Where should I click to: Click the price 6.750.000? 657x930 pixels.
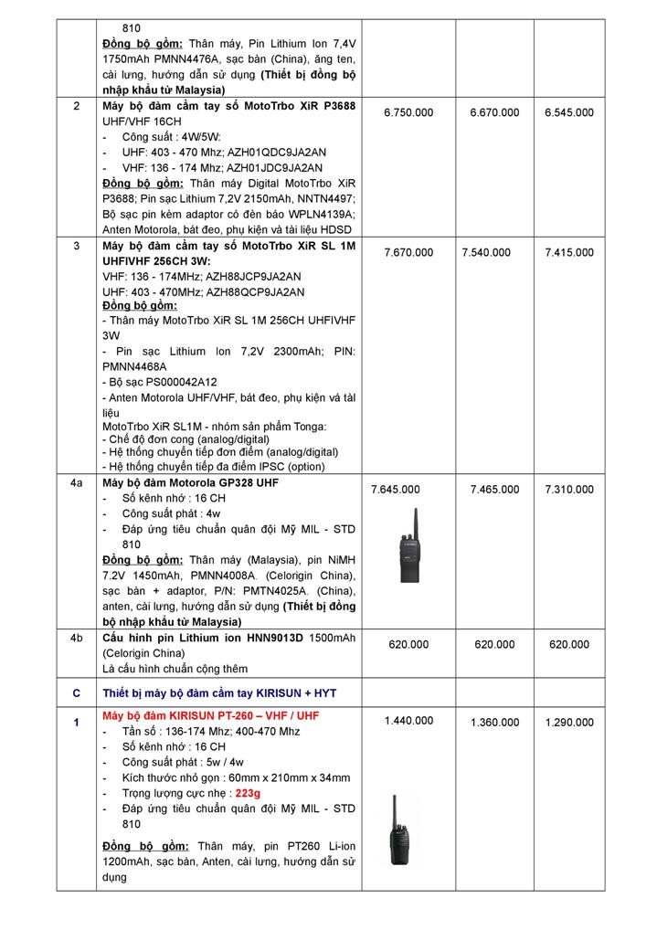[408, 112]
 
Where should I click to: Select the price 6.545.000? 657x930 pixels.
[568, 112]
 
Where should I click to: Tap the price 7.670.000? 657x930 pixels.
[408, 252]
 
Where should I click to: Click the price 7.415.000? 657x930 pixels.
[569, 252]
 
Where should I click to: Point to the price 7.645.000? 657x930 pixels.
[396, 490]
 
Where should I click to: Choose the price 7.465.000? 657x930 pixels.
[494, 490]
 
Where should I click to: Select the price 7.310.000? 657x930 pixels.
[569, 490]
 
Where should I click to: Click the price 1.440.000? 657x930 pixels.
[408, 721]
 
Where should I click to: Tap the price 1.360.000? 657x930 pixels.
[494, 723]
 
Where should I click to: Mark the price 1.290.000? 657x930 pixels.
[569, 723]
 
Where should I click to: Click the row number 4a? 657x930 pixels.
[77, 482]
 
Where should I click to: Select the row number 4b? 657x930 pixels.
[77, 637]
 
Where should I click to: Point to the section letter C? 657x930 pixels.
[77, 693]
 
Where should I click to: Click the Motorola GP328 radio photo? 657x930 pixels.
[408, 545]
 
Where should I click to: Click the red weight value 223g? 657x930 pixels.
[248, 793]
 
